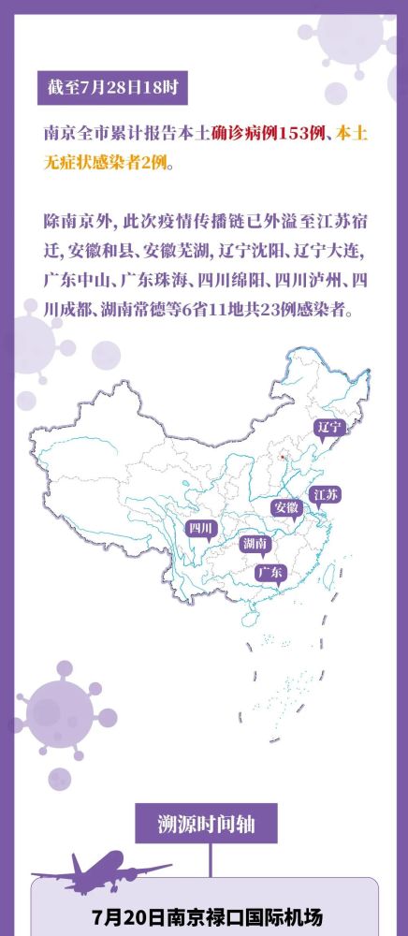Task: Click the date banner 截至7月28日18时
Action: click(112, 91)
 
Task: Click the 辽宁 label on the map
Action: click(329, 427)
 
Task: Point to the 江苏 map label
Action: click(327, 494)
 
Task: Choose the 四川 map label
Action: click(201, 529)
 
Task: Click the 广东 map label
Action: click(271, 571)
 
